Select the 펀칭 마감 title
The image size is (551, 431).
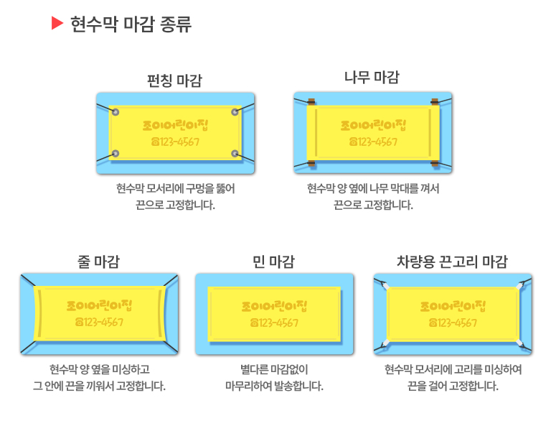pyautogui.click(x=174, y=80)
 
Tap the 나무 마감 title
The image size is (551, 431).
pyautogui.click(x=372, y=77)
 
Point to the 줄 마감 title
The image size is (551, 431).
pyautogui.click(x=98, y=261)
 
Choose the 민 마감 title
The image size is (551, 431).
pyautogui.click(x=274, y=261)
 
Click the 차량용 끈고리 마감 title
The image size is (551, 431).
pyautogui.click(x=452, y=261)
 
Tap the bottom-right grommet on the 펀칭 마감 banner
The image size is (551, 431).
pyautogui.click(x=235, y=154)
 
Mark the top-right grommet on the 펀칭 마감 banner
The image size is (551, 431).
pyautogui.click(x=235, y=112)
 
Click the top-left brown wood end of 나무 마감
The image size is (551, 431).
pyautogui.click(x=311, y=102)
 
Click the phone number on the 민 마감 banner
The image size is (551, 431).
pyautogui.click(x=274, y=323)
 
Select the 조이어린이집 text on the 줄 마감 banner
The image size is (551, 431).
pyautogui.click(x=99, y=305)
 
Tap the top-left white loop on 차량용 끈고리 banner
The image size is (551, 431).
pyautogui.click(x=387, y=287)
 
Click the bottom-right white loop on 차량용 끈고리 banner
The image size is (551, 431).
pyautogui.click(x=518, y=343)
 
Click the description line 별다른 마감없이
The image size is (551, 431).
pyautogui.click(x=274, y=371)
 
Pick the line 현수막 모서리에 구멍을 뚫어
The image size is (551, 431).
pyautogui.click(x=175, y=189)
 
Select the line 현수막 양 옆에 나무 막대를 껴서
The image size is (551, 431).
pyautogui.click(x=372, y=189)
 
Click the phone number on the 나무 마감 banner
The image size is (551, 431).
pyautogui.click(x=372, y=142)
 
